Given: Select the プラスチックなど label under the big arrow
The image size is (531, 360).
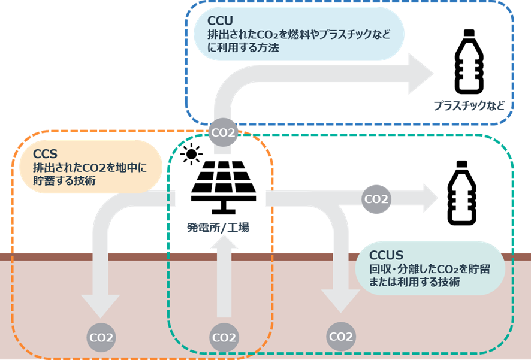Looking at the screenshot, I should [469, 106].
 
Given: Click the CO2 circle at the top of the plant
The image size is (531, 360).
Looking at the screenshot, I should [222, 132].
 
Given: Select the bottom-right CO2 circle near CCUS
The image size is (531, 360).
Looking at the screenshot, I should [340, 337].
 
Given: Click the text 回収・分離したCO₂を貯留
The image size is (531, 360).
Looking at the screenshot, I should [429, 269].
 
